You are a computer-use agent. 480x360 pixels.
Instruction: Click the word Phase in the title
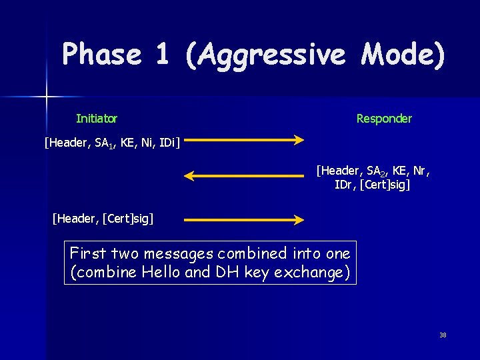tap(101, 55)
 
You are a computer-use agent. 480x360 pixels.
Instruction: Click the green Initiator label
tap(97, 119)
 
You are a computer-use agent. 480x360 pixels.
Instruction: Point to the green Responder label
tap(384, 119)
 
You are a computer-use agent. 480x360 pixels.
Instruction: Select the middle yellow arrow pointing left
tap(244, 176)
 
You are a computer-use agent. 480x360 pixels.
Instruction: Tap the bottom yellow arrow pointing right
tap(244, 219)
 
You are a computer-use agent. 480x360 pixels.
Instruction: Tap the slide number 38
tap(443, 335)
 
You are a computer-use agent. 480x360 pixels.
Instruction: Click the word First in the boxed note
tap(88, 254)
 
